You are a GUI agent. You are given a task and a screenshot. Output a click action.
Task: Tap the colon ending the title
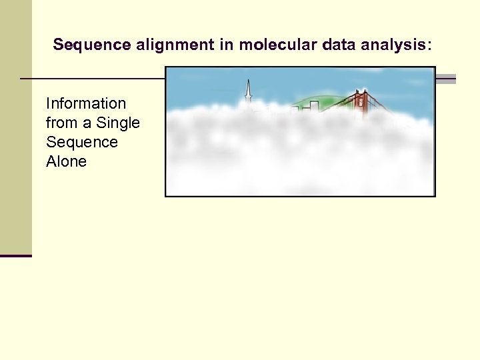[x=429, y=45]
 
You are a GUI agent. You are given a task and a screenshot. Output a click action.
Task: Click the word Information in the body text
[x=85, y=103]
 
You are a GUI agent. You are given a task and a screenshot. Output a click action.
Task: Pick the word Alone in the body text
[x=66, y=161]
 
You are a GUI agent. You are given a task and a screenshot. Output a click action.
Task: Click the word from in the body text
[x=61, y=123]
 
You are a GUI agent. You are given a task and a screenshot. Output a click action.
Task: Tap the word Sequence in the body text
[x=81, y=142]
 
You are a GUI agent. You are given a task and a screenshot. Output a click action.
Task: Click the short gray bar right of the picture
[x=445, y=79]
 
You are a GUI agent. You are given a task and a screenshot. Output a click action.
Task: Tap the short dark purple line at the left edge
[x=15, y=255]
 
